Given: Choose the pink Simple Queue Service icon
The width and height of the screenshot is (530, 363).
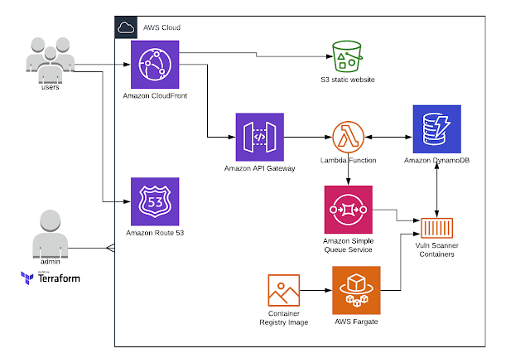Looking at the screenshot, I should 349,209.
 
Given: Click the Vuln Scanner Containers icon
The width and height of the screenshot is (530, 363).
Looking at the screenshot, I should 436,228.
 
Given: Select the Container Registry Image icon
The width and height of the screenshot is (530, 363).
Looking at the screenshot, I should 284,293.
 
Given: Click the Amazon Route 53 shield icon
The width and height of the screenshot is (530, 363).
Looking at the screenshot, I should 155,201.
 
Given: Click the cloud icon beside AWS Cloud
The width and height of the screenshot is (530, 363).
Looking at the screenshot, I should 126,27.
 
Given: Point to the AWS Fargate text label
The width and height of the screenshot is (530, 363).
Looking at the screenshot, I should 354,321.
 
